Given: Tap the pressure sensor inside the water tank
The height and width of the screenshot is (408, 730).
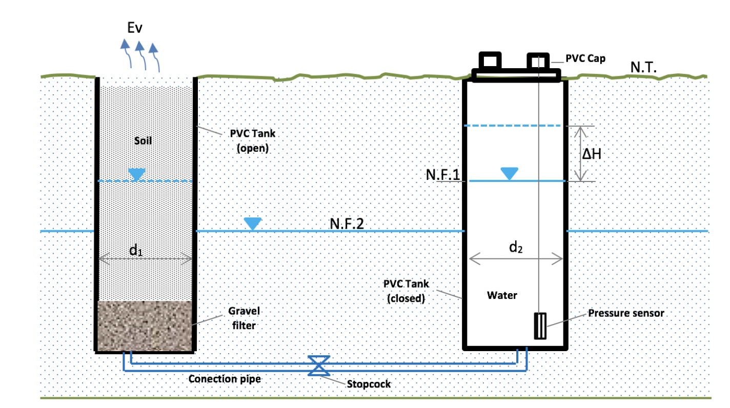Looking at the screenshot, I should [x=540, y=326].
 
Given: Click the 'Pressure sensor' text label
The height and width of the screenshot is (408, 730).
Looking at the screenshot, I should [x=626, y=313].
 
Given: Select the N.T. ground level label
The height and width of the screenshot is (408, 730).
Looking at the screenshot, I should [x=644, y=68].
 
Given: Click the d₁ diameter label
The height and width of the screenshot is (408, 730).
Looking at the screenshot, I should [x=136, y=251].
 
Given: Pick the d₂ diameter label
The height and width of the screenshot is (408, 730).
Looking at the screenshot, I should [x=516, y=248].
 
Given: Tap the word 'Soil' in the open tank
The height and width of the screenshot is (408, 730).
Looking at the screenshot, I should [x=143, y=140].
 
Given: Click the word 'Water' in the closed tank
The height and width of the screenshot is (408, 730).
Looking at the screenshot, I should [x=502, y=295].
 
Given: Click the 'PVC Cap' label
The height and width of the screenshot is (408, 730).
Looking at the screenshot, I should [x=585, y=58].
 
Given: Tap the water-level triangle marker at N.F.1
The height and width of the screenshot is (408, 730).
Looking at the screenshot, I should [x=509, y=174].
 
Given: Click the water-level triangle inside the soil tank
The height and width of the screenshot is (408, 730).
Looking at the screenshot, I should [x=136, y=174].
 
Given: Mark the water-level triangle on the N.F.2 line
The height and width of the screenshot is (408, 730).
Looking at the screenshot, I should [x=252, y=223].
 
